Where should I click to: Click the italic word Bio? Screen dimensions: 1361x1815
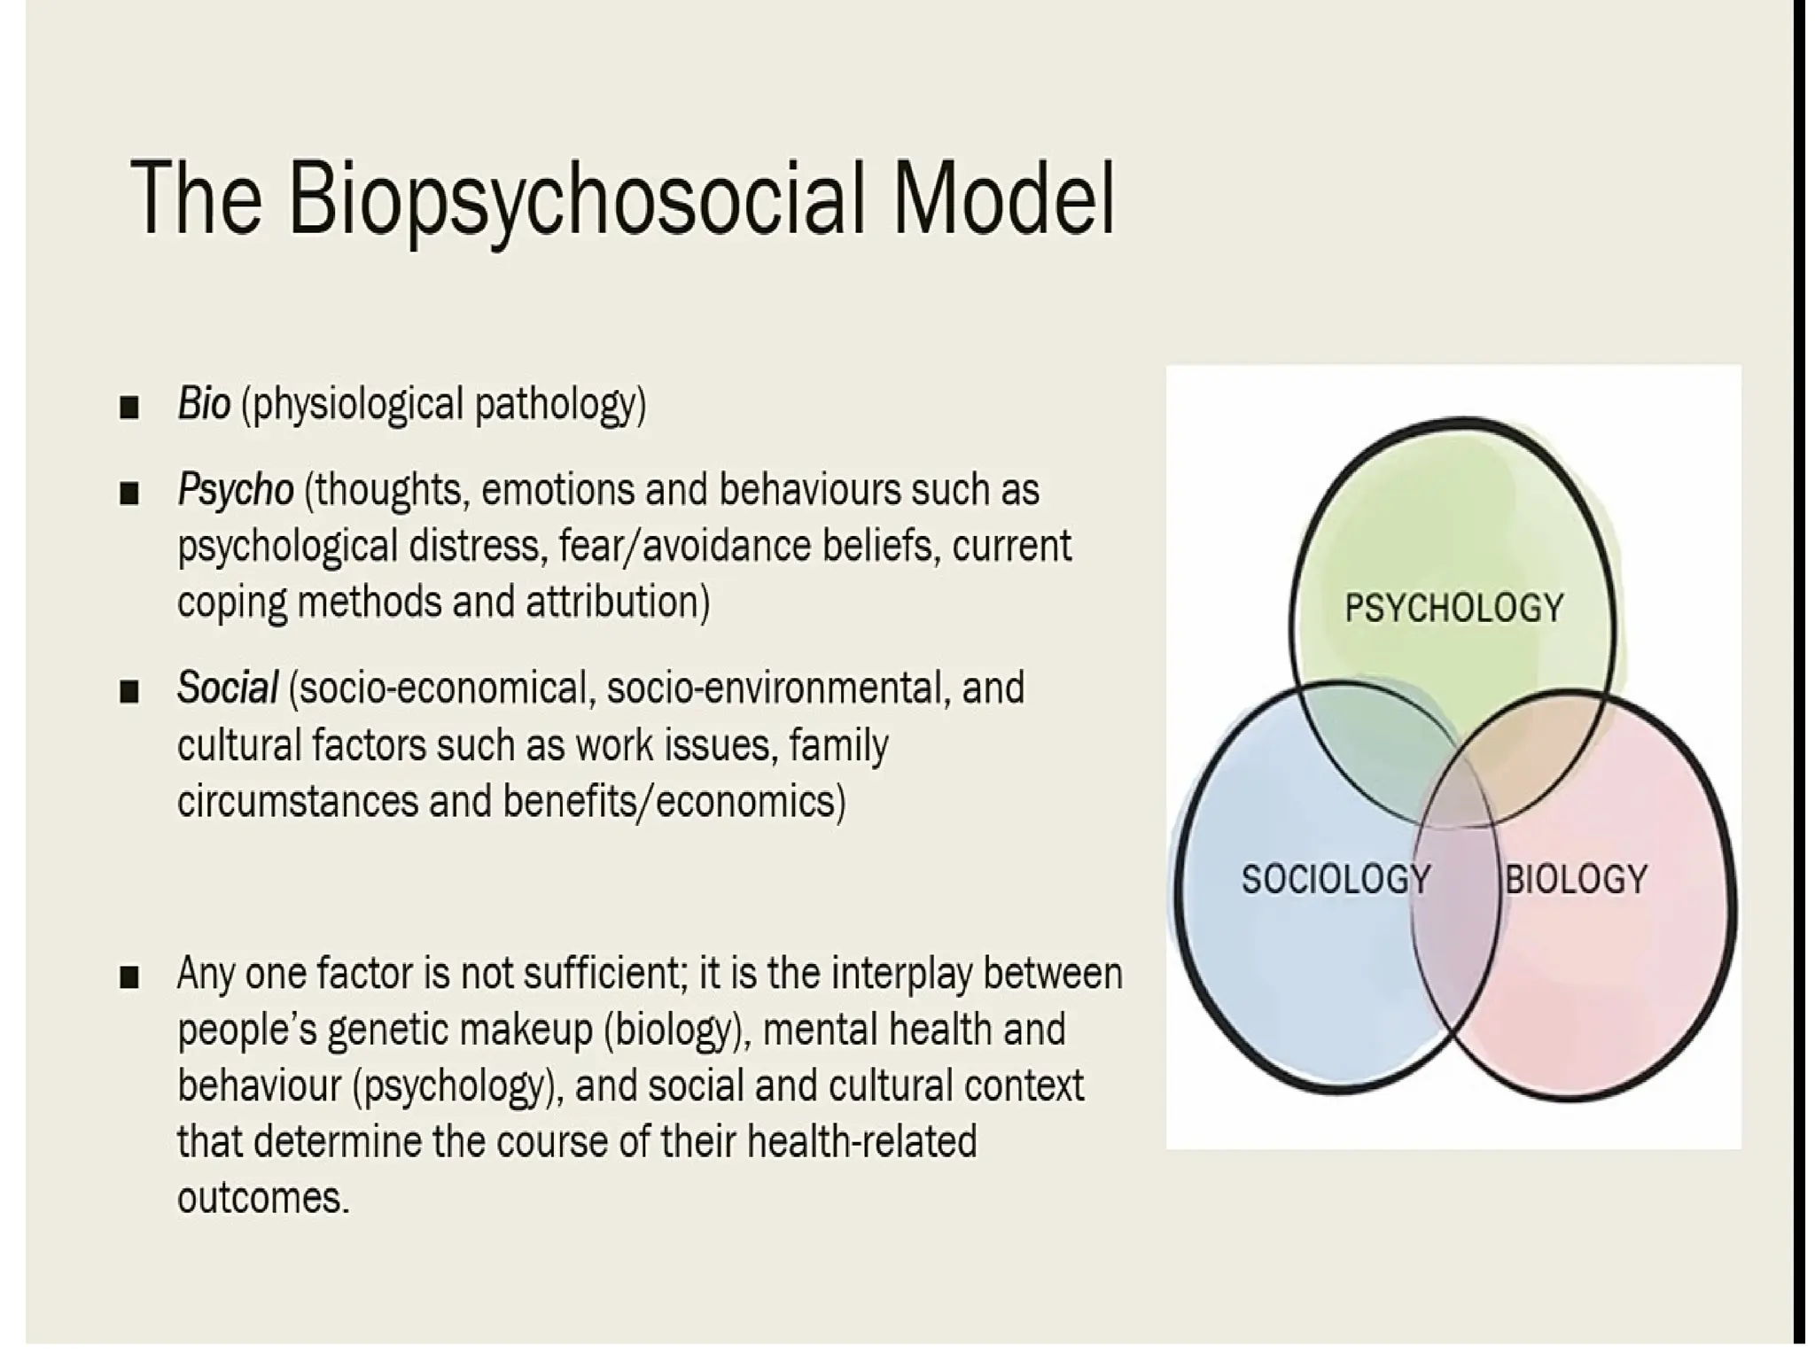pos(204,404)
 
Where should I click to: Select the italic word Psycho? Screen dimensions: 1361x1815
pos(235,490)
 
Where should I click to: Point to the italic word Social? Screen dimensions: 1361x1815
pos(228,688)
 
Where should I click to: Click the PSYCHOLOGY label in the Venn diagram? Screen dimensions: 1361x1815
pos(1453,608)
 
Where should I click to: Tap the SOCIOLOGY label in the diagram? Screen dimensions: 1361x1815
pos(1335,879)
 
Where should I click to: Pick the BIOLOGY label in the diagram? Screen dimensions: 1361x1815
pos(1576,879)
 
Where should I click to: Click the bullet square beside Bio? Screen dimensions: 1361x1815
pos(129,407)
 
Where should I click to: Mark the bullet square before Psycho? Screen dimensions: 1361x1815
pos(129,493)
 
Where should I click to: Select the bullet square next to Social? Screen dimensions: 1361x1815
pos(129,691)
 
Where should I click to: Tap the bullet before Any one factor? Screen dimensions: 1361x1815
pos(129,977)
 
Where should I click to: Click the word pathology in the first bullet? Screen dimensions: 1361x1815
pos(560,406)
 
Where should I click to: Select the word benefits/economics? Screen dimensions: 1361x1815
pos(674,802)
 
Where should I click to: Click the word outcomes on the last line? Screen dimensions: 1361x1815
pos(262,1199)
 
